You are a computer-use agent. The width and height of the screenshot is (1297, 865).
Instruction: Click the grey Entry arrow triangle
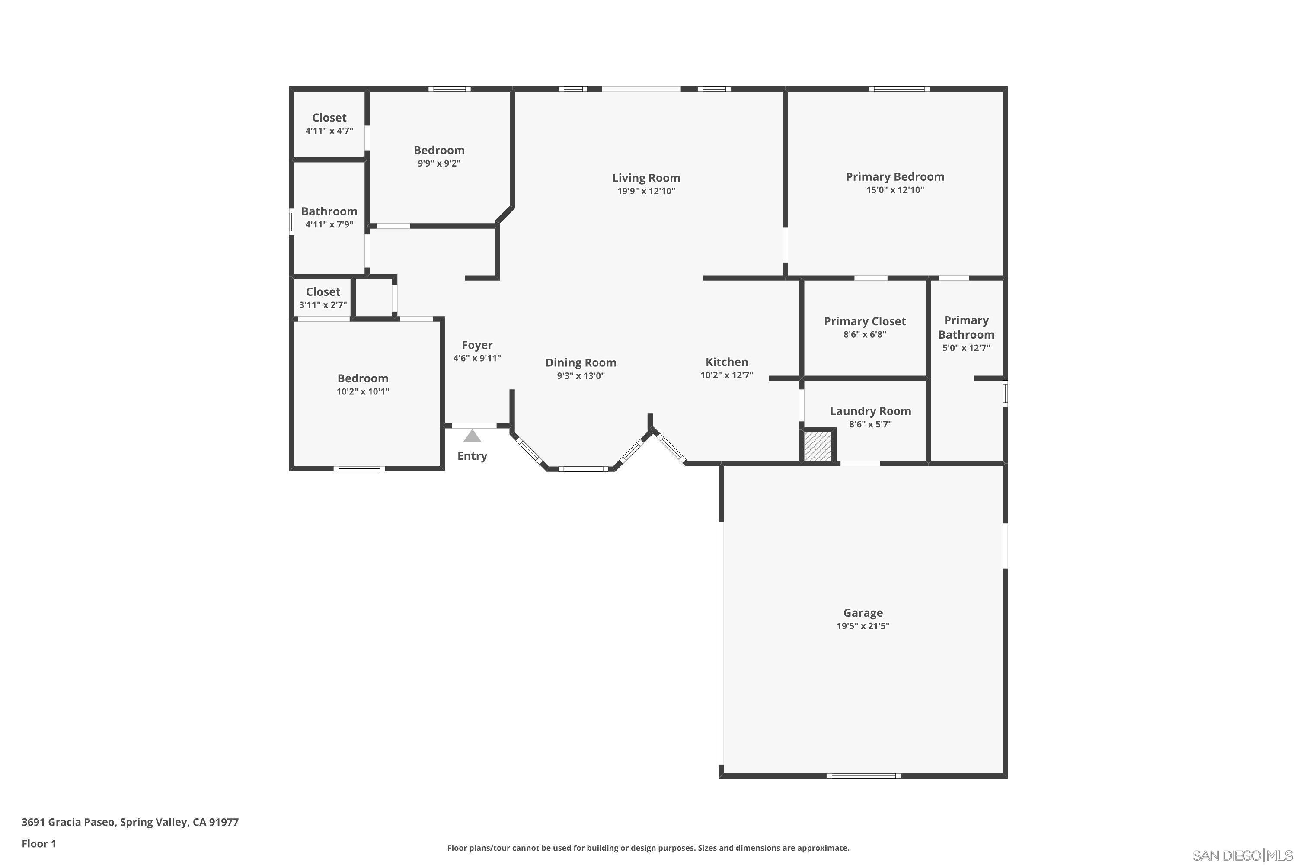[x=472, y=436]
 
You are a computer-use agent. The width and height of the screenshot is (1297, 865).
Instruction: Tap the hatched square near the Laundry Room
[x=818, y=446]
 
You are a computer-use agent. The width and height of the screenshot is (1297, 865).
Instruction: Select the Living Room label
[x=646, y=178]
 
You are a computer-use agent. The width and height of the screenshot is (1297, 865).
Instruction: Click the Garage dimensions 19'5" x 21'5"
[x=863, y=625]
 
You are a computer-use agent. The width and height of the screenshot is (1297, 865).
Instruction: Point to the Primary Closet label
[x=865, y=321]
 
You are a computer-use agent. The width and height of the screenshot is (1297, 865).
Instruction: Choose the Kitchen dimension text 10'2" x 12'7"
[x=726, y=375]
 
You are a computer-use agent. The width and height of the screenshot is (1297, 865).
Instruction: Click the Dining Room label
[x=581, y=362]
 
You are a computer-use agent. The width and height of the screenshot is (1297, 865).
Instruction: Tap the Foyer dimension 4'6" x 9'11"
[x=477, y=358]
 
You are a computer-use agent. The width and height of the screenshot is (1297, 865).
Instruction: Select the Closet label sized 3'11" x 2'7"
[x=323, y=292]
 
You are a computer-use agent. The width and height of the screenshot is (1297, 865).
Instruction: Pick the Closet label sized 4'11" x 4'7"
[x=329, y=118]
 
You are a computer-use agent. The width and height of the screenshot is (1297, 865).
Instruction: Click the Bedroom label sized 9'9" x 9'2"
[x=439, y=150]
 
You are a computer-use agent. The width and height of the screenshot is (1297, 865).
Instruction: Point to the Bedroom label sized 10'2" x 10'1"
[x=363, y=378]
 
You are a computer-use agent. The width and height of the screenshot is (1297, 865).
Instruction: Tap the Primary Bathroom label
[x=966, y=327]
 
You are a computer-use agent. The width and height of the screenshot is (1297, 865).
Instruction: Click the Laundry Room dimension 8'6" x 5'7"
[x=870, y=424]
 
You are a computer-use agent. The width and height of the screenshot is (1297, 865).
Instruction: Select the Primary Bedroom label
[x=895, y=176]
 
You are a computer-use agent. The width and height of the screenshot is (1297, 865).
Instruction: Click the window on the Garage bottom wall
[x=863, y=775]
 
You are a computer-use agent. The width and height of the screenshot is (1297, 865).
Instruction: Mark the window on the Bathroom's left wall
[x=292, y=222]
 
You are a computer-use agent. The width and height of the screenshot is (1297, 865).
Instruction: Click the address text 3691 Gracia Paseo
[x=130, y=822]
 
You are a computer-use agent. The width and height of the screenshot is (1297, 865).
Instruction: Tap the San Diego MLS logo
[x=1243, y=855]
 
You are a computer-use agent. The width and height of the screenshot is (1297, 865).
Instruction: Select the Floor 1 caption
[x=38, y=843]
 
